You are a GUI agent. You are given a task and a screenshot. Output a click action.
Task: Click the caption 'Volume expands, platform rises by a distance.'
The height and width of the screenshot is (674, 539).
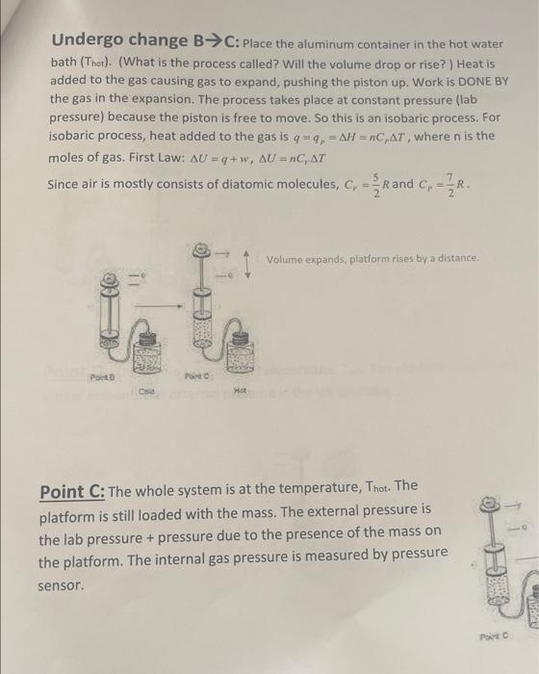[376, 258]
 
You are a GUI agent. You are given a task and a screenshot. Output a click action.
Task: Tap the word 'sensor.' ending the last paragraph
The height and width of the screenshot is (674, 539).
[62, 584]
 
